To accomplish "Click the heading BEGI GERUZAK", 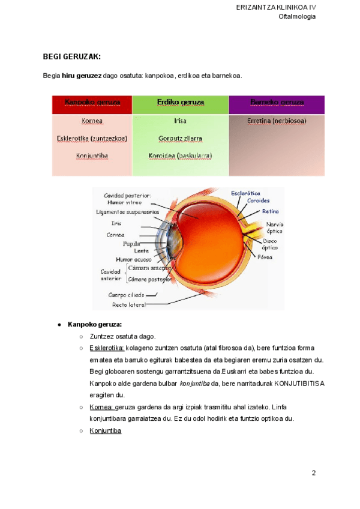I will point(72,56).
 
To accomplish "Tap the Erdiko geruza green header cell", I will point(181,102).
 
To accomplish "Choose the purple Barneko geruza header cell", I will point(277,102).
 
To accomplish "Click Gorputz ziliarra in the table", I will point(180,138).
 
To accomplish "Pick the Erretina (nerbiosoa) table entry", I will point(277,121).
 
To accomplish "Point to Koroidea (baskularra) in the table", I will point(180,156).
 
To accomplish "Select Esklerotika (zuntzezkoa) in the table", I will point(92,138).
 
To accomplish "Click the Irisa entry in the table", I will point(180,121).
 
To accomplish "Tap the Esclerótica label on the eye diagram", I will point(245,193).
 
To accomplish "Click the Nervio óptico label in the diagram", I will point(274,227).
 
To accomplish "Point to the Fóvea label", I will point(265,257).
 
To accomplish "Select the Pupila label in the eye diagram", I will point(131,244).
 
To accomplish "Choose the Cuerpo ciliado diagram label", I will point(125,295).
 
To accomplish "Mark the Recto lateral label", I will point(128,304).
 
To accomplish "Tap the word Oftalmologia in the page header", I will point(297,16).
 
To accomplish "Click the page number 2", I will point(313,473).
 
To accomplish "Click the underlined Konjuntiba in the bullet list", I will point(106,430).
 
